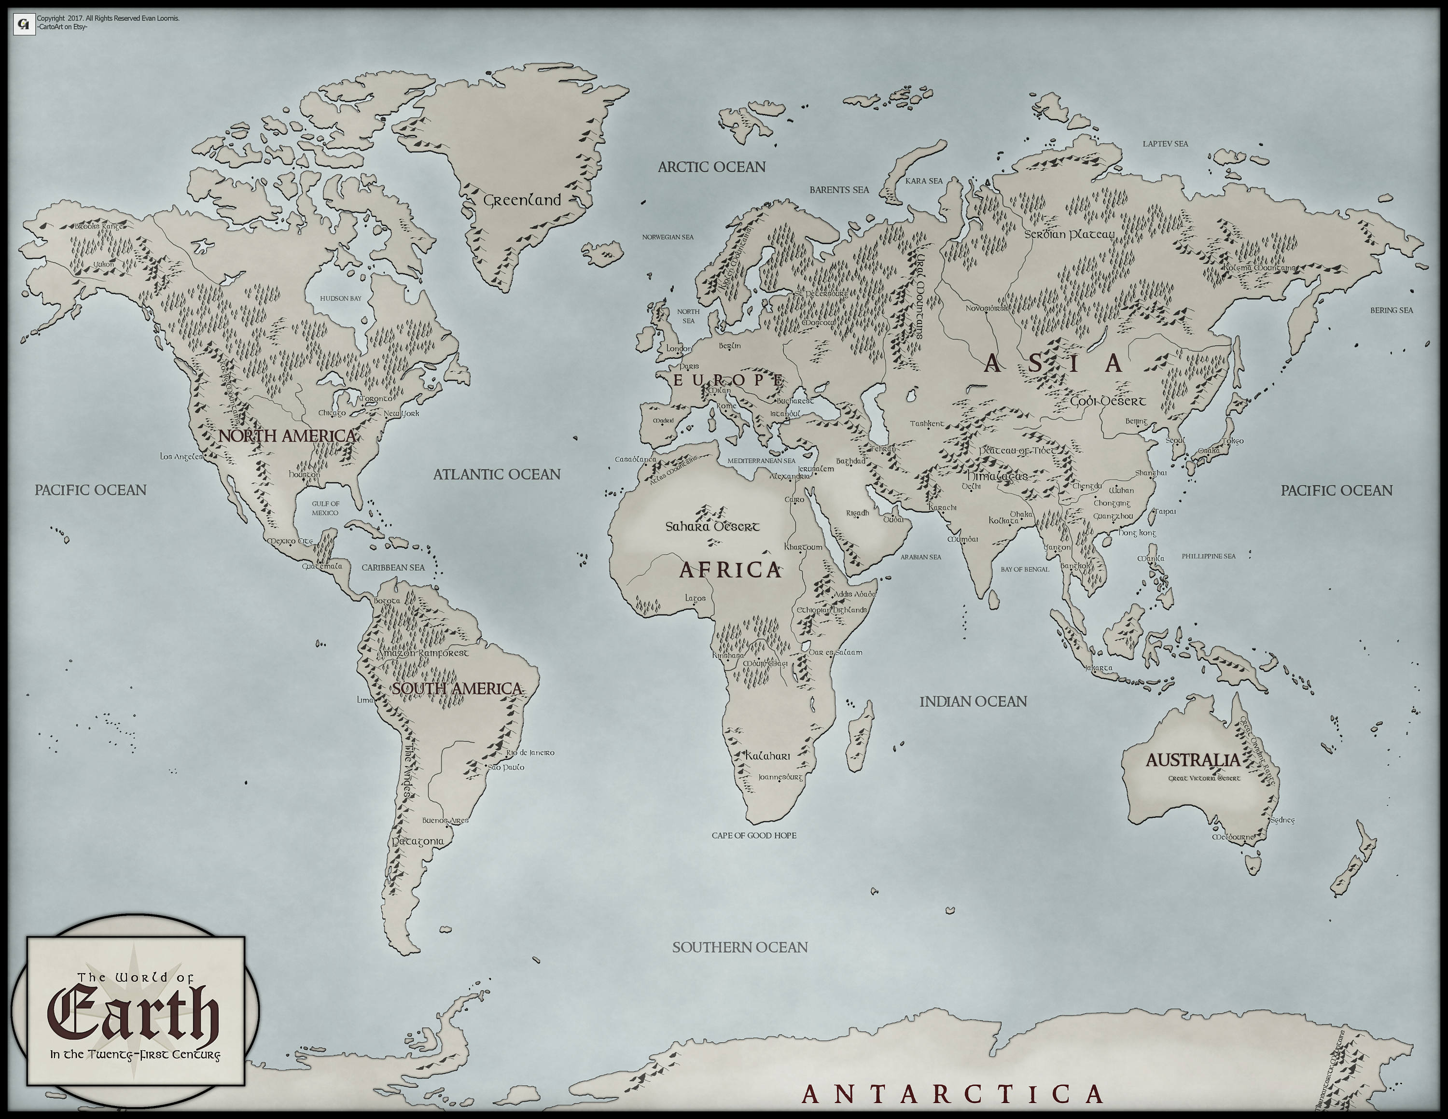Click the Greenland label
click(522, 200)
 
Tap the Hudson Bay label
click(341, 298)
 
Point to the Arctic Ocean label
click(711, 167)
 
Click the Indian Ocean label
click(973, 701)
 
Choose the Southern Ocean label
click(740, 947)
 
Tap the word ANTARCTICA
click(953, 1094)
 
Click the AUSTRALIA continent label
click(1193, 760)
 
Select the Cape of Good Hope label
click(754, 835)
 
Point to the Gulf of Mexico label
click(325, 508)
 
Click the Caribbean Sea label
click(393, 567)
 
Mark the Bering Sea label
click(1392, 310)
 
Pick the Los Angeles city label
click(181, 457)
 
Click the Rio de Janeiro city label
click(530, 753)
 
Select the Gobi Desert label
click(1108, 402)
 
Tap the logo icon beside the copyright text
click(25, 25)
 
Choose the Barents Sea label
click(839, 190)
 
